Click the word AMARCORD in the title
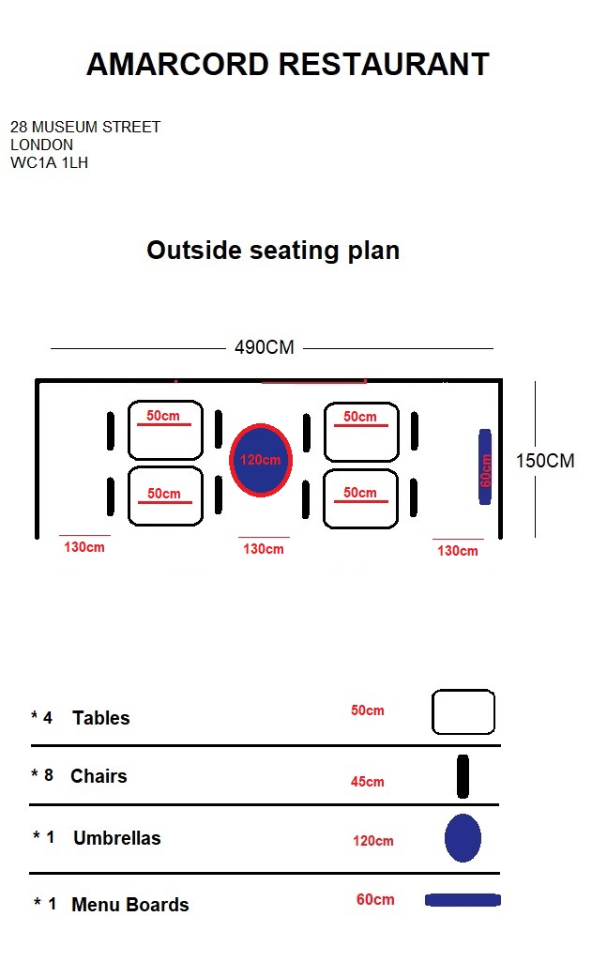pos(177,64)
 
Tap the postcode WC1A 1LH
pos(49,162)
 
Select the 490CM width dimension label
pos(265,347)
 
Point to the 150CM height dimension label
pos(545,461)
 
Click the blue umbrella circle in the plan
pos(261,460)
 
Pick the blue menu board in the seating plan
pos(485,466)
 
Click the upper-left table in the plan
pos(165,430)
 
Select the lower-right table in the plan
pos(360,498)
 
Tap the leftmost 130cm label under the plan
pos(84,546)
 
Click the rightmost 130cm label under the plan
pos(458,550)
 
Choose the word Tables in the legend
pos(101,718)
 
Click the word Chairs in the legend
pos(99,776)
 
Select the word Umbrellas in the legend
pos(117,838)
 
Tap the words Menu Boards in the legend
pos(130,905)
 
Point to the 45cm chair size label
pos(368,782)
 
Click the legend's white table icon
pos(463,711)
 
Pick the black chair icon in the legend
pos(463,776)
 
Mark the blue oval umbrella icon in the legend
pos(463,838)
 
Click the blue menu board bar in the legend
pos(463,900)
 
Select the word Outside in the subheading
pos(194,251)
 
